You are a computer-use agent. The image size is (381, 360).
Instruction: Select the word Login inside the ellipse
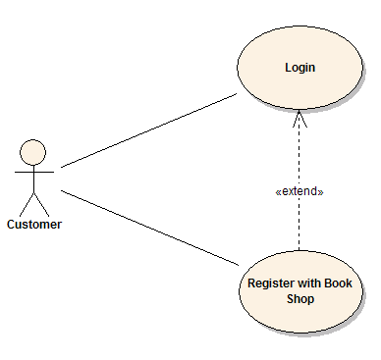299,68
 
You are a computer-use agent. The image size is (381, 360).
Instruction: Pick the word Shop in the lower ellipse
299,298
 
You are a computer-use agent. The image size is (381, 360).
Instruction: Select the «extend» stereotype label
299,191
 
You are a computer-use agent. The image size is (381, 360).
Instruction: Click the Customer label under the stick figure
34,225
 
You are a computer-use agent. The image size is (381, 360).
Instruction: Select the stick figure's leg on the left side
27,203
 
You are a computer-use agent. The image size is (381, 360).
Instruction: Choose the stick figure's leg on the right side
41,203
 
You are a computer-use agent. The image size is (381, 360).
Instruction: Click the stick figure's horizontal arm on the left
23,171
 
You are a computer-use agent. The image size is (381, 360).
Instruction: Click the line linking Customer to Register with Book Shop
147,226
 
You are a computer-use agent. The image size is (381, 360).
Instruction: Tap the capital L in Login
288,68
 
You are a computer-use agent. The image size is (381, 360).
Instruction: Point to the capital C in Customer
12,225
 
